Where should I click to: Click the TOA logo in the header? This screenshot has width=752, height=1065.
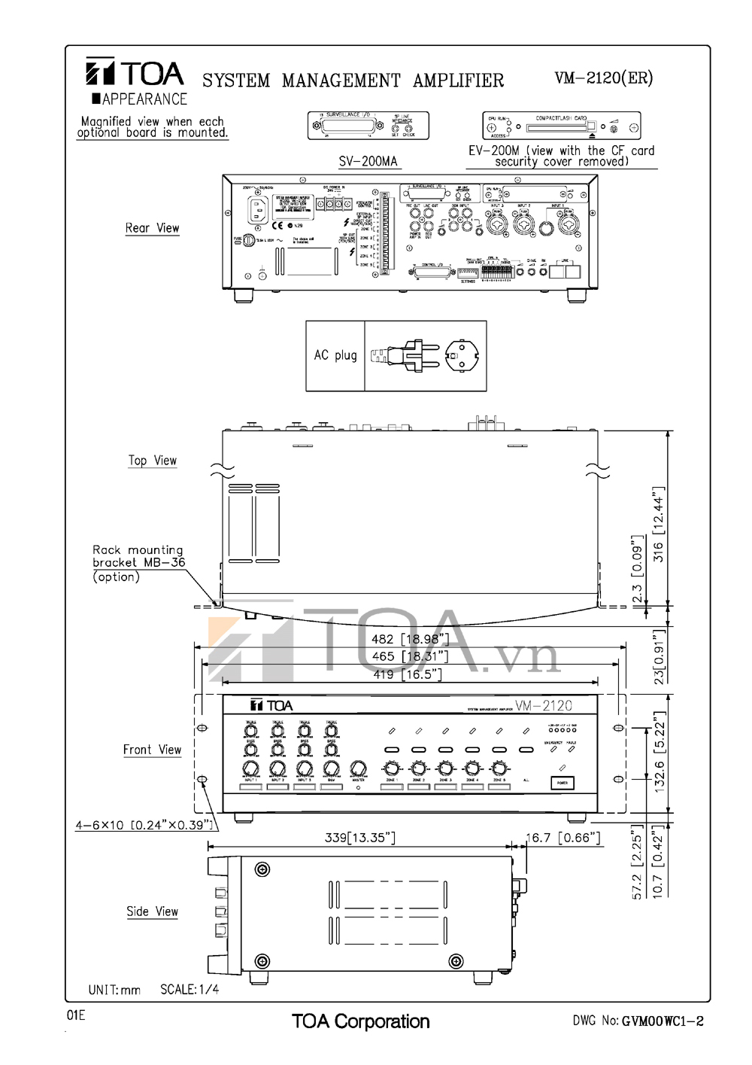134,74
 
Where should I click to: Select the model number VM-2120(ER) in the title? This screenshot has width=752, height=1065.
603,78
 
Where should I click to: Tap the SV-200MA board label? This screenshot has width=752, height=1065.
368,162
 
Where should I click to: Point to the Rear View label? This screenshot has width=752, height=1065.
152,228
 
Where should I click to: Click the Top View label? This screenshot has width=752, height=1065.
152,461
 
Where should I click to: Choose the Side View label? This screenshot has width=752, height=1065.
152,911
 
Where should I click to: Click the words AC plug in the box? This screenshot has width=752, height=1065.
335,355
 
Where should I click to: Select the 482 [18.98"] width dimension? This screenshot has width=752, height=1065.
410,639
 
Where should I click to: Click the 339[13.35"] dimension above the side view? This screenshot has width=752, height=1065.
359,838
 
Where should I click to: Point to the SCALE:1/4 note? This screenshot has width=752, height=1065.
190,989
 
